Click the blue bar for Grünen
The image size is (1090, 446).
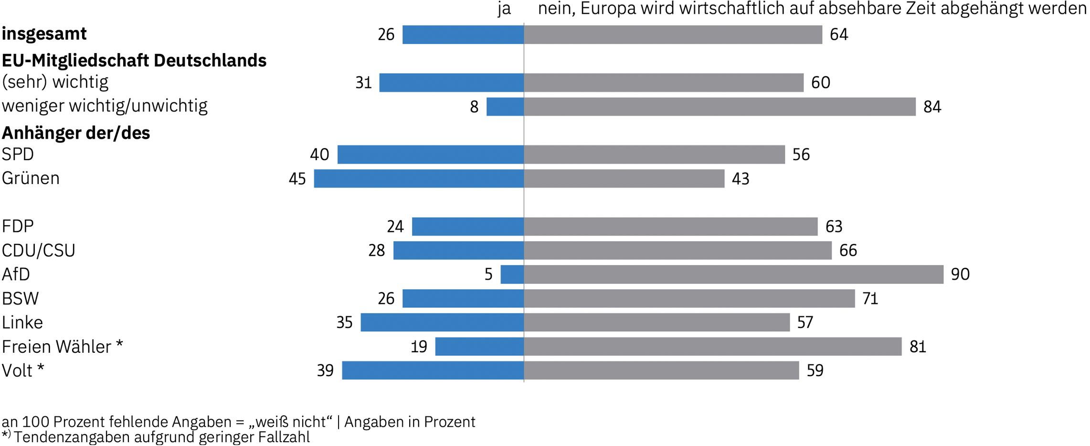(x=419, y=178)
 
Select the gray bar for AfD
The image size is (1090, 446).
(x=733, y=274)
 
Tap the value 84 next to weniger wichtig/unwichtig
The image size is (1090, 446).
(x=932, y=107)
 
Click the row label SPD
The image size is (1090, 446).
(x=18, y=154)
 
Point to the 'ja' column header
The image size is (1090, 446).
(x=504, y=10)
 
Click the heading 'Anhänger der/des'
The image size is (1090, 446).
(x=76, y=132)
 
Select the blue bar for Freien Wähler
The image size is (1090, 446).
(x=479, y=347)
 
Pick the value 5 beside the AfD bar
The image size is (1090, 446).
(x=488, y=274)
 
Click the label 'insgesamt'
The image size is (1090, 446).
(x=44, y=34)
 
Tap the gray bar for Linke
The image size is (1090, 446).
(x=656, y=322)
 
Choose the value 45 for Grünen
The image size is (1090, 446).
(x=297, y=179)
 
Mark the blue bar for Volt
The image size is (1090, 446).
(x=433, y=370)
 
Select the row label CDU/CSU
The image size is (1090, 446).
(x=39, y=250)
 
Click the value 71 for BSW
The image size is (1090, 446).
(x=870, y=299)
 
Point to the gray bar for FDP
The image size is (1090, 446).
(x=670, y=227)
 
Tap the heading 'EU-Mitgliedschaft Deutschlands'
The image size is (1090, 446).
(x=134, y=61)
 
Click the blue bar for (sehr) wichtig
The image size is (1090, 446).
(x=451, y=83)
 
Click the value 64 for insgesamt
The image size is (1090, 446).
(x=838, y=35)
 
